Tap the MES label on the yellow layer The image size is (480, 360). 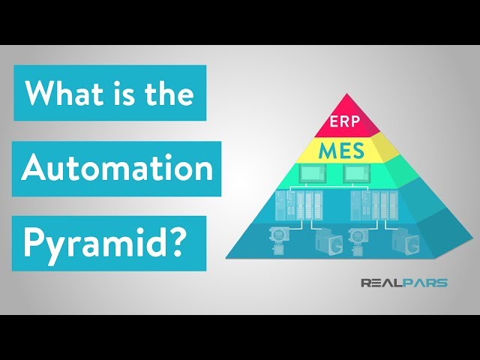(341, 150)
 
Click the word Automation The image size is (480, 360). (116, 168)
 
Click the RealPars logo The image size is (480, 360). (404, 283)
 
